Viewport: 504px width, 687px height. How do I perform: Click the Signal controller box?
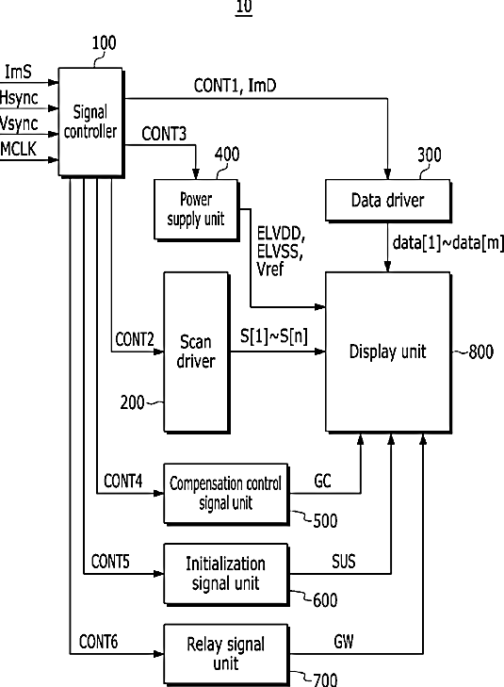(90, 122)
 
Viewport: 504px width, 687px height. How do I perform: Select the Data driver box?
(388, 200)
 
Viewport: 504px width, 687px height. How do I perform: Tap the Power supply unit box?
(196, 209)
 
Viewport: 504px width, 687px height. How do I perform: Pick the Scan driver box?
(197, 352)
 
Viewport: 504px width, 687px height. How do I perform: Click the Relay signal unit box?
(226, 655)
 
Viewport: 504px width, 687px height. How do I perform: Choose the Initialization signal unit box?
(226, 574)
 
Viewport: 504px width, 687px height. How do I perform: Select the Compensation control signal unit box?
(226, 494)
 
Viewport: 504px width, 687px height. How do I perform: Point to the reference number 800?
(480, 352)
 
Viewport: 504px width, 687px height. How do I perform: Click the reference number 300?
(430, 155)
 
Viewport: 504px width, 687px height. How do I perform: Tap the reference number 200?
(132, 402)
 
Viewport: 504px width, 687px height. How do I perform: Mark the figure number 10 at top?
(244, 7)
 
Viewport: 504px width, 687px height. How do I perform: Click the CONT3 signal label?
(164, 134)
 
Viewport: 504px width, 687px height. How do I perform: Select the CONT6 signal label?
(99, 642)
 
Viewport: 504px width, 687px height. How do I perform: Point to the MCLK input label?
(19, 150)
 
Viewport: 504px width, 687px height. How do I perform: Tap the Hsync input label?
(19, 98)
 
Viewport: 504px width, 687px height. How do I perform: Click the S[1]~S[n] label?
(274, 336)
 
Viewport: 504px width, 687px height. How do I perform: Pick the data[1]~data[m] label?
(448, 243)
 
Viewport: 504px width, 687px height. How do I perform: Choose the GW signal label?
(344, 642)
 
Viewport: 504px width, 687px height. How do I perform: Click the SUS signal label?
(344, 562)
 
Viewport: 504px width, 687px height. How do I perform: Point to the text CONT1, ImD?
(236, 86)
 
